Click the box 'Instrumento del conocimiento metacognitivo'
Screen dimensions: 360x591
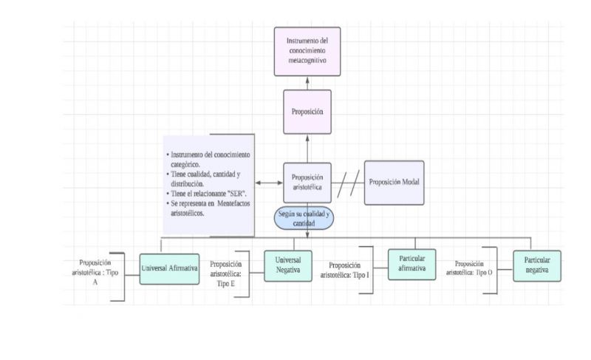[x=307, y=51]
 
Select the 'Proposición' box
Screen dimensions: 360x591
[x=307, y=112]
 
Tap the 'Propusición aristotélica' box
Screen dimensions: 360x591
[x=307, y=183]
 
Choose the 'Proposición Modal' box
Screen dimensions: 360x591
[x=395, y=182]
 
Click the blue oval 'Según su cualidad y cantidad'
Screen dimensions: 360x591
[x=304, y=217]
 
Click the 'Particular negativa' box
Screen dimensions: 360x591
[x=537, y=265]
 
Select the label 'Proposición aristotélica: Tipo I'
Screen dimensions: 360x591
[x=345, y=271]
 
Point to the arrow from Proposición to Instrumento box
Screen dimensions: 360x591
[x=307, y=82]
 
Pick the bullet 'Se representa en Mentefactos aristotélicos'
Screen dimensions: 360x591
[x=207, y=208]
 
